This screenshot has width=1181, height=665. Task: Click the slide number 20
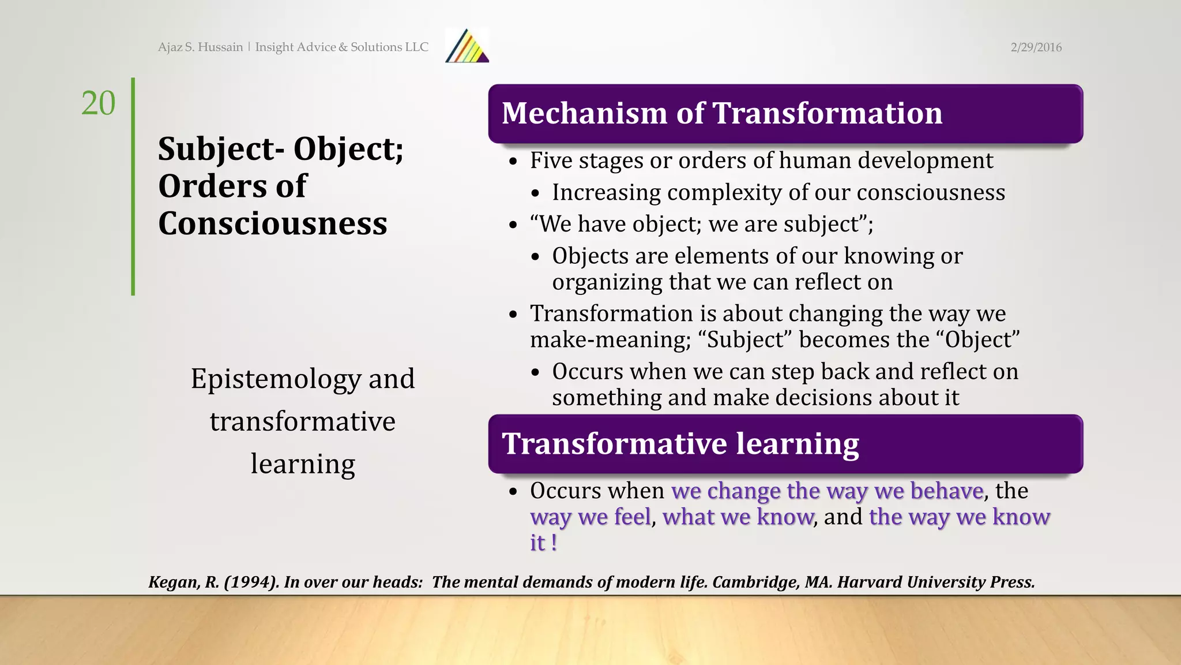click(x=98, y=103)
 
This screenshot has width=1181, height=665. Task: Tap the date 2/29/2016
click(x=1036, y=47)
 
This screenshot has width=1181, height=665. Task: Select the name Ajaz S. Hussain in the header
click(x=200, y=47)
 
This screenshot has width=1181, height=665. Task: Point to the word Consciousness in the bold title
click(x=272, y=224)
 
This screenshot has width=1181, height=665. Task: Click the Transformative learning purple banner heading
click(x=680, y=444)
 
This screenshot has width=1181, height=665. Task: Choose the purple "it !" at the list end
click(x=543, y=543)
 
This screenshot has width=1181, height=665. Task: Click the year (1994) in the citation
click(x=251, y=582)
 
